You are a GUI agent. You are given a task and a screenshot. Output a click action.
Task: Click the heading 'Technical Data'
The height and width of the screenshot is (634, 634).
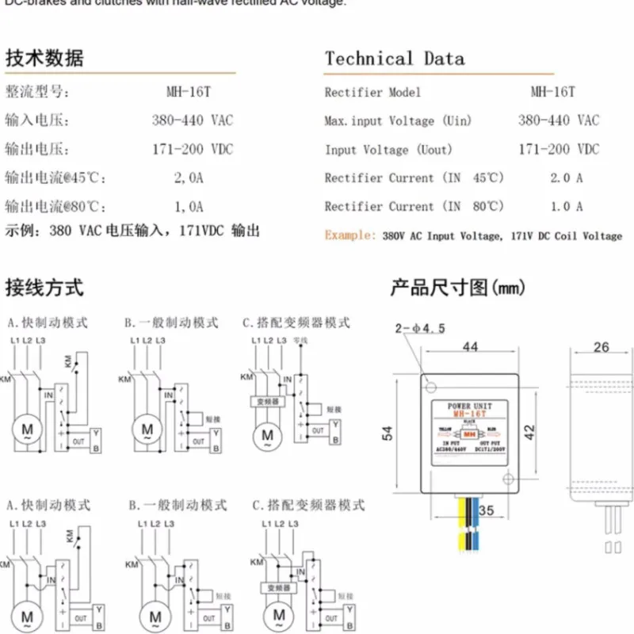[x=394, y=59]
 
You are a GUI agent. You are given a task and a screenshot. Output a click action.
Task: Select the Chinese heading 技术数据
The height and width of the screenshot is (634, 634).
[x=44, y=59]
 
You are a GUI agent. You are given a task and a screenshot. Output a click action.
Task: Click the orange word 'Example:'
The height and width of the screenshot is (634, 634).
[x=349, y=235]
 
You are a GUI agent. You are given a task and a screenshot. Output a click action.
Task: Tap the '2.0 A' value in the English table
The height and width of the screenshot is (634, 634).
[x=567, y=178]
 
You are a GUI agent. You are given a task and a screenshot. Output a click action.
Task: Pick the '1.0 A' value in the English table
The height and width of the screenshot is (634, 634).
[x=567, y=207]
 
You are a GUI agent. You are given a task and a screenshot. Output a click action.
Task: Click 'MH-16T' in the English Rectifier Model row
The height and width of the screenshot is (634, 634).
[x=553, y=92]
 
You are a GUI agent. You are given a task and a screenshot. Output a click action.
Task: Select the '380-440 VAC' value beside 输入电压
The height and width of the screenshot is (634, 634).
[x=193, y=121]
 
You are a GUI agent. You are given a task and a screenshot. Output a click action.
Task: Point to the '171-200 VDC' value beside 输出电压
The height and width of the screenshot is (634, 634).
[x=193, y=150]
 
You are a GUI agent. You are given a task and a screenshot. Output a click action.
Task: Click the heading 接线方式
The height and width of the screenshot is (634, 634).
[x=44, y=287]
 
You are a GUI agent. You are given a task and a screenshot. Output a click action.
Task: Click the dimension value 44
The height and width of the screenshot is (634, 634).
[x=470, y=346]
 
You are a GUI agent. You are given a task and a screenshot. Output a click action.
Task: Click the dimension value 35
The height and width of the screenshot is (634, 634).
[x=487, y=512]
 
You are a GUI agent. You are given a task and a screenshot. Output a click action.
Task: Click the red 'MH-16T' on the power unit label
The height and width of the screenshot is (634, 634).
[x=469, y=413]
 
